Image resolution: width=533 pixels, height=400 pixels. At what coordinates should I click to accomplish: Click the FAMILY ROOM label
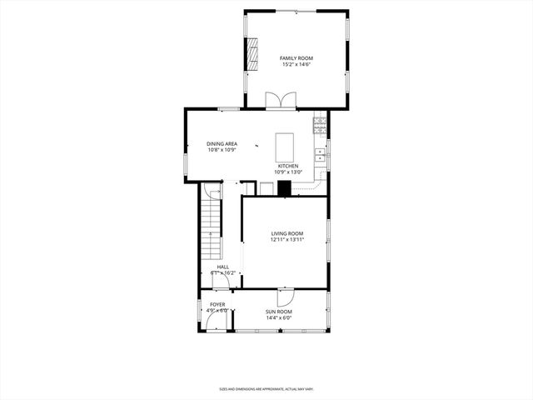tap(296, 57)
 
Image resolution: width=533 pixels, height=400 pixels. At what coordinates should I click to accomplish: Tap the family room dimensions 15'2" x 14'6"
tap(296, 64)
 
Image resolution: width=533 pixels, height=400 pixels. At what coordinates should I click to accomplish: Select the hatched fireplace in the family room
tap(252, 55)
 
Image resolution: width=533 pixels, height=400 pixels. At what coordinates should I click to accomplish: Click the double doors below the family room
tap(281, 102)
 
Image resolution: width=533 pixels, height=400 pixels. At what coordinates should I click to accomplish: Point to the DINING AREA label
tap(222, 143)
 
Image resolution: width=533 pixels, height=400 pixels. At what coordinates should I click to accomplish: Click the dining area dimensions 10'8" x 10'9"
tap(222, 150)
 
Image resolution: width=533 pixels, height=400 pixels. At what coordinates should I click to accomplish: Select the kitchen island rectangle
tap(286, 147)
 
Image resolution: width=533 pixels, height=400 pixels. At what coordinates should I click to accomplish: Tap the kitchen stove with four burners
tap(320, 126)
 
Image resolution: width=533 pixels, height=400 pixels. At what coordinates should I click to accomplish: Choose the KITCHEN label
tap(288, 166)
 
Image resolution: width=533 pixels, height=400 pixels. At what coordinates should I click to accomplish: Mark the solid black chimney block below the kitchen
tap(285, 188)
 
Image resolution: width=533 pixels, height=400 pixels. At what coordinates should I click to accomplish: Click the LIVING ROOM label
tap(286, 233)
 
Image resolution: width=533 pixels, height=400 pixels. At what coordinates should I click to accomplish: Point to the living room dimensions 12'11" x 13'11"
tap(286, 240)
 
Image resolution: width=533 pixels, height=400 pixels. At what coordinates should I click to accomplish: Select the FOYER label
tap(217, 305)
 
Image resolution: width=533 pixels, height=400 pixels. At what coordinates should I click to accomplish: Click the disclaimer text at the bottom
tap(266, 388)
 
